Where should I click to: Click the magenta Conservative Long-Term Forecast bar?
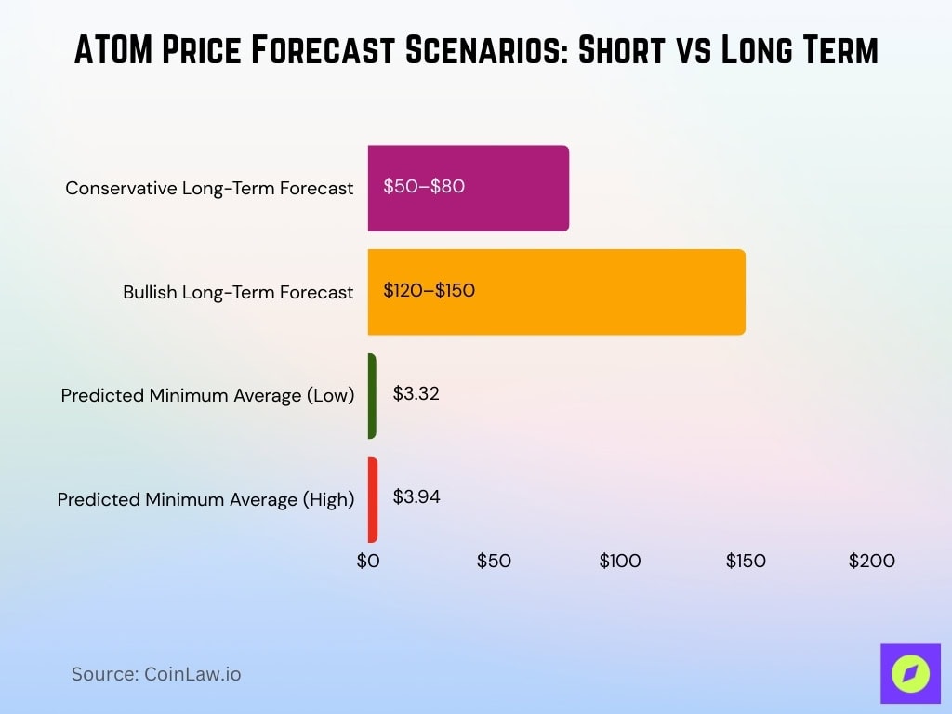click(x=468, y=188)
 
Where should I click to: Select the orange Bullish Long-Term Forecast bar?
click(x=556, y=292)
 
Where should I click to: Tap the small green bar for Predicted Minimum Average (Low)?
click(x=372, y=396)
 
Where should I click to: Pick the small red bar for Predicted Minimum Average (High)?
click(x=373, y=499)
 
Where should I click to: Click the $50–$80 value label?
click(x=424, y=186)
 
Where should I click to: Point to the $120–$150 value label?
click(x=429, y=290)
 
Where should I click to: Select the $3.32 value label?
click(x=416, y=393)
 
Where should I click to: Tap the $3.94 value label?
click(x=416, y=496)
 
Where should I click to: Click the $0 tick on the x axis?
click(x=368, y=561)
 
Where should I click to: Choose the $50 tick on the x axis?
click(x=494, y=561)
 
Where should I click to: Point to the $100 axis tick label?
click(x=619, y=561)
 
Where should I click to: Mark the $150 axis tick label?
click(x=746, y=561)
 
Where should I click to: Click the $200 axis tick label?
click(x=871, y=561)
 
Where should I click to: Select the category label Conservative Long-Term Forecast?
click(x=209, y=188)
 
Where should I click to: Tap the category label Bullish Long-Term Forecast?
click(x=238, y=292)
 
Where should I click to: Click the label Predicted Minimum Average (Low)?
click(x=207, y=395)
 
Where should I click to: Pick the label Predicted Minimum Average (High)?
click(x=205, y=499)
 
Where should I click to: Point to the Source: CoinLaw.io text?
click(x=156, y=674)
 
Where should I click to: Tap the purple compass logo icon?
click(x=910, y=673)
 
